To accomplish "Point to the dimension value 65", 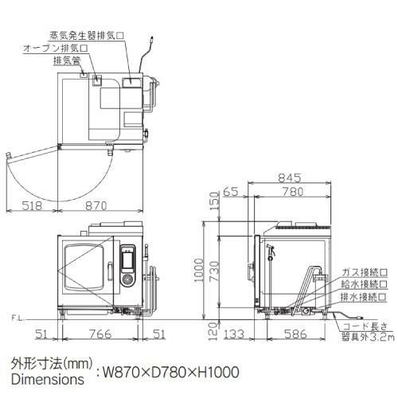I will click(x=232, y=192).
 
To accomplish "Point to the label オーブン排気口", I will click(x=55, y=48).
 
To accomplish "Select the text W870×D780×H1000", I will click(x=168, y=371).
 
